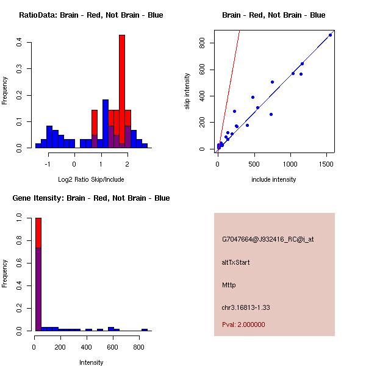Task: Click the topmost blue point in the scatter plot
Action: [x=330, y=35]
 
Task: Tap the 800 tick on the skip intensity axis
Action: [x=204, y=43]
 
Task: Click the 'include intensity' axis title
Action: [x=274, y=179]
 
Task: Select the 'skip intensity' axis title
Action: [x=188, y=91]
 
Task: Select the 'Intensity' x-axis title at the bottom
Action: [x=91, y=362]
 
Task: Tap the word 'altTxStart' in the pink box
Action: [x=235, y=262]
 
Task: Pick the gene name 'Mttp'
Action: [x=229, y=285]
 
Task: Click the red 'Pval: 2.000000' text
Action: [x=243, y=325]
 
